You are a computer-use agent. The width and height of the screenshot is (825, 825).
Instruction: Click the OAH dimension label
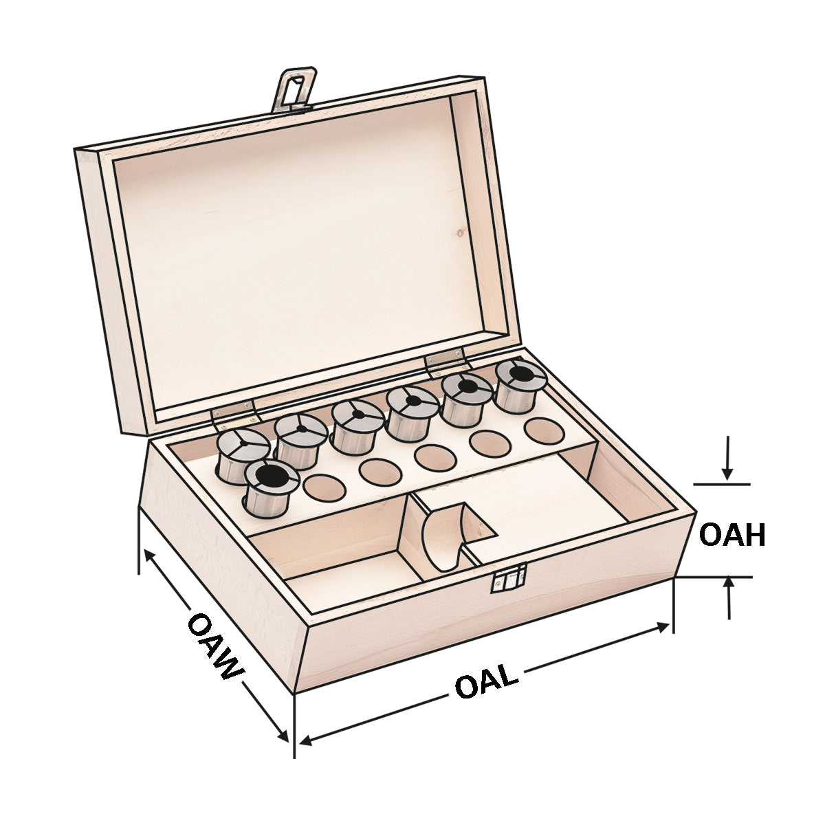731,535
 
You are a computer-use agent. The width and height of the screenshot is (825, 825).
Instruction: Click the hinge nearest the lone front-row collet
234,410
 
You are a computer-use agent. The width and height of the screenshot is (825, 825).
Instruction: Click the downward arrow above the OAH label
727,474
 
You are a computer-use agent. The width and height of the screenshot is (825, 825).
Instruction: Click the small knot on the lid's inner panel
459,232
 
